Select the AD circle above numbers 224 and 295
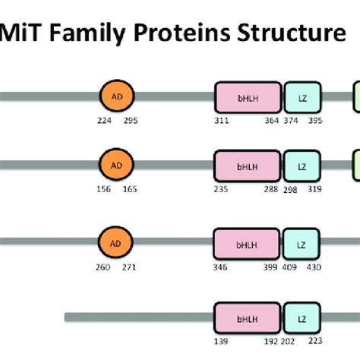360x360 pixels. [x=115, y=97]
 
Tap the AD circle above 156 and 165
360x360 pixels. [x=115, y=164]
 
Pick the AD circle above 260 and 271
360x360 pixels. [x=115, y=243]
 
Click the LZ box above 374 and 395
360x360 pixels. [x=302, y=98]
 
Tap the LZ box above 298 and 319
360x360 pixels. [x=302, y=165]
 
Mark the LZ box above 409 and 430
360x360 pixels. [x=302, y=244]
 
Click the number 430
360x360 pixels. [x=314, y=267]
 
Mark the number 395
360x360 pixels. [x=314, y=122]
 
